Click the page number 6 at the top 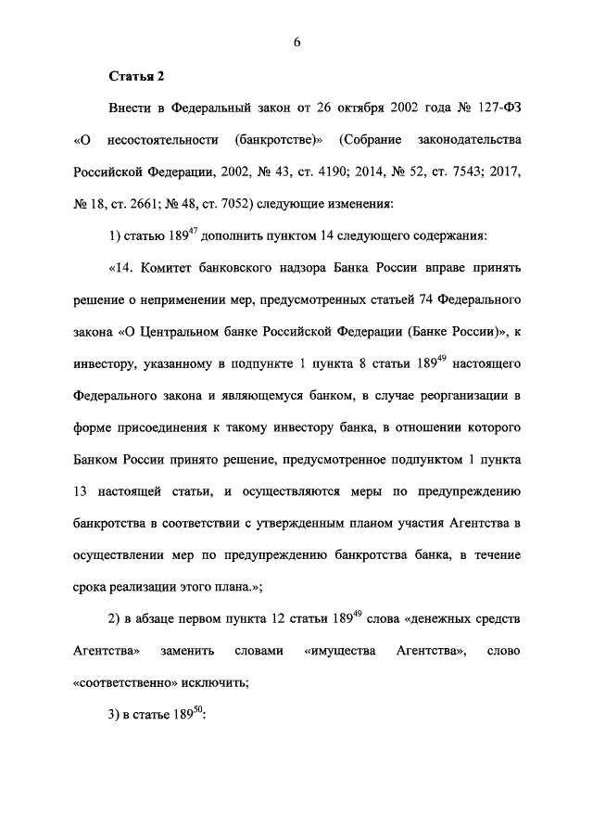click(296, 40)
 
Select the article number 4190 click(343, 172)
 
